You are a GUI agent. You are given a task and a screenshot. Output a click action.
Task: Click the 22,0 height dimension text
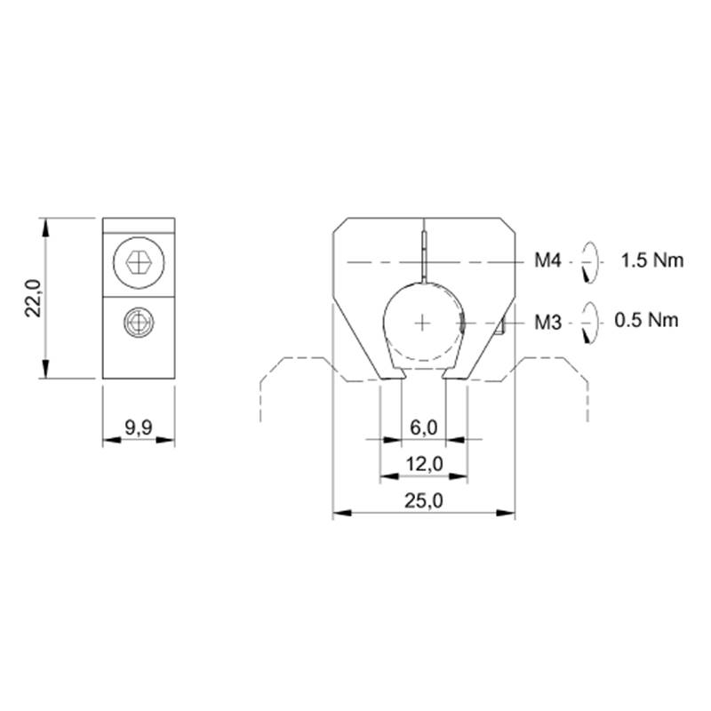(x=33, y=298)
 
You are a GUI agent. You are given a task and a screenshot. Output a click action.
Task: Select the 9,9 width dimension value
(x=139, y=427)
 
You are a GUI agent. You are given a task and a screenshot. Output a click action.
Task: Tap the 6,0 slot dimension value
(x=424, y=427)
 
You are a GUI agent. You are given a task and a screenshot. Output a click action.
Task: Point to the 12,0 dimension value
(x=424, y=464)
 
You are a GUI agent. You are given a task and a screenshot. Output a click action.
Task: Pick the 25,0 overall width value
(x=424, y=500)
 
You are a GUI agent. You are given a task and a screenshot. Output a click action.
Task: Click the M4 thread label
(x=547, y=260)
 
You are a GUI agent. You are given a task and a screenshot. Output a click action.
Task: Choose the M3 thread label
(x=547, y=323)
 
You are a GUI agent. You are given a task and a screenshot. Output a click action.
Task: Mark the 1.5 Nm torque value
(x=652, y=260)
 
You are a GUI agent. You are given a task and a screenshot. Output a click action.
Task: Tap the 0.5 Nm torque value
(x=647, y=320)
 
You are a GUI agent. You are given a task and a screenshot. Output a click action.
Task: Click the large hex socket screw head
(x=139, y=262)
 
